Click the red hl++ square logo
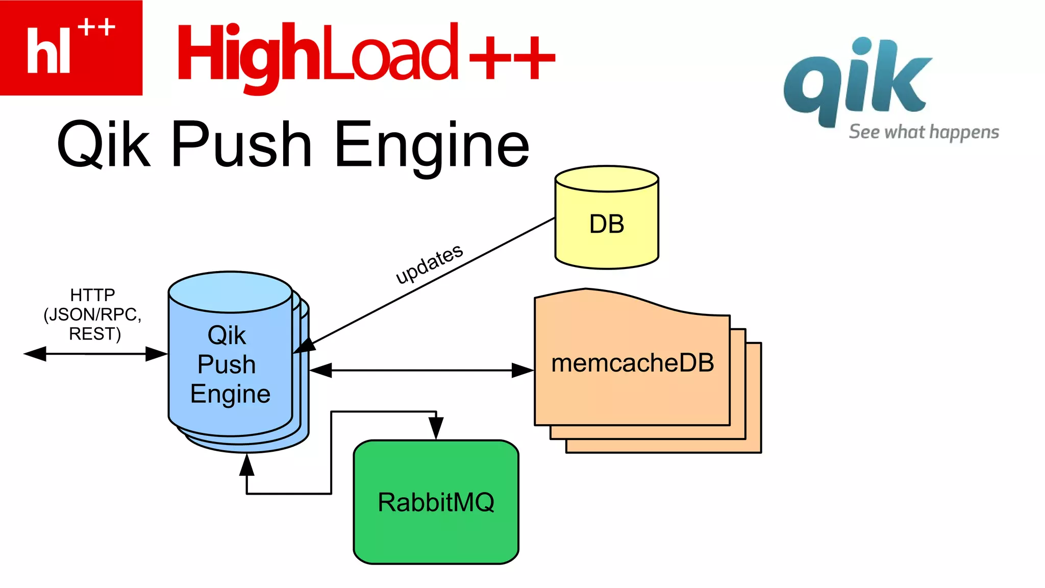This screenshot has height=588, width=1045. (x=71, y=47)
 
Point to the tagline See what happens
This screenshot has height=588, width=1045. (x=924, y=132)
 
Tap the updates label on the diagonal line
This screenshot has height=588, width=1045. (x=429, y=263)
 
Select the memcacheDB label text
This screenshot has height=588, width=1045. (x=632, y=363)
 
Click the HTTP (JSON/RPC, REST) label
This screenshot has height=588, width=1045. (x=93, y=314)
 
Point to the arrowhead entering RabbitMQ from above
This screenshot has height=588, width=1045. (x=436, y=427)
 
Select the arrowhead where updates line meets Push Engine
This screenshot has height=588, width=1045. (x=305, y=346)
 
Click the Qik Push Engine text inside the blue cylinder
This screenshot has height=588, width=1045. (x=229, y=364)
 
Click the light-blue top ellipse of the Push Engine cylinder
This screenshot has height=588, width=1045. (x=230, y=292)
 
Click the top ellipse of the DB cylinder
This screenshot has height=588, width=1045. (x=607, y=179)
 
